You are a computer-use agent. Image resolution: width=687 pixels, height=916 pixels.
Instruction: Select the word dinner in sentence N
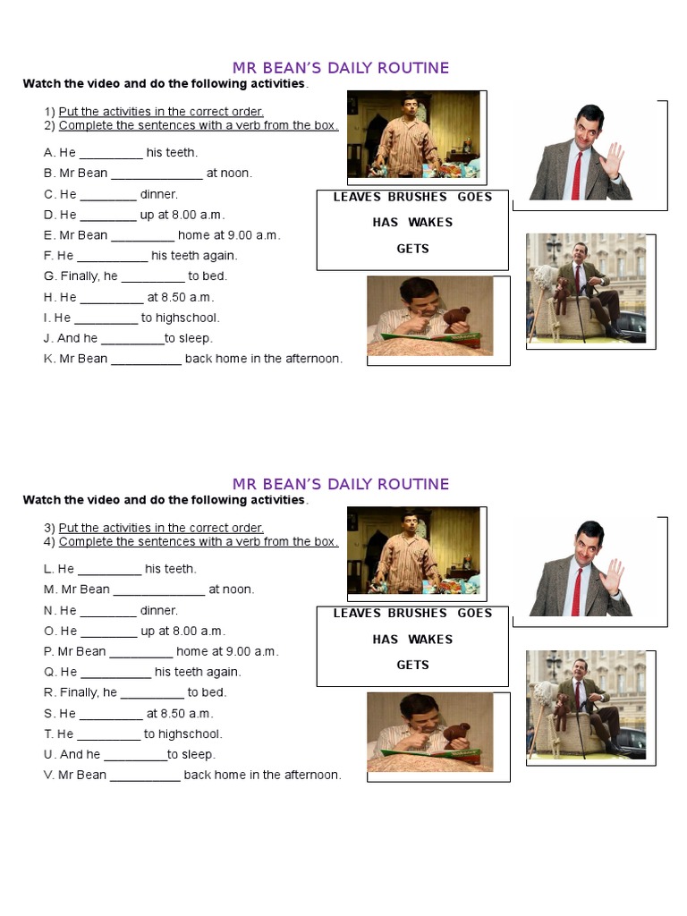coord(159,610)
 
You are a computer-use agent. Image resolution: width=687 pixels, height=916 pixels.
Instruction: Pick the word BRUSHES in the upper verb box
coord(417,197)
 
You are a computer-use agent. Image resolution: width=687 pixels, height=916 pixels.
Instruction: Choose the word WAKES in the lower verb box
coord(430,639)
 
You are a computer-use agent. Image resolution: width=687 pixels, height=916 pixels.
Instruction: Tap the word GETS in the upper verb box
coord(412,249)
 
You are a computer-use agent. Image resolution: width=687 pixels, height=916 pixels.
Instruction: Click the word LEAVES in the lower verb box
coord(357,613)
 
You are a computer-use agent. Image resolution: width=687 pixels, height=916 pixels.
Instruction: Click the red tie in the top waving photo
coord(577,175)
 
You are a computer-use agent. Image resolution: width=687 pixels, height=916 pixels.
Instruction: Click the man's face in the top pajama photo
coord(411,106)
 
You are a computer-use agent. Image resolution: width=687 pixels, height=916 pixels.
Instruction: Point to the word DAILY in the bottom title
coord(349,484)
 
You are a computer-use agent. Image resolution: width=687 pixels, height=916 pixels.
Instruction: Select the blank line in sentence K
coord(146,360)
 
